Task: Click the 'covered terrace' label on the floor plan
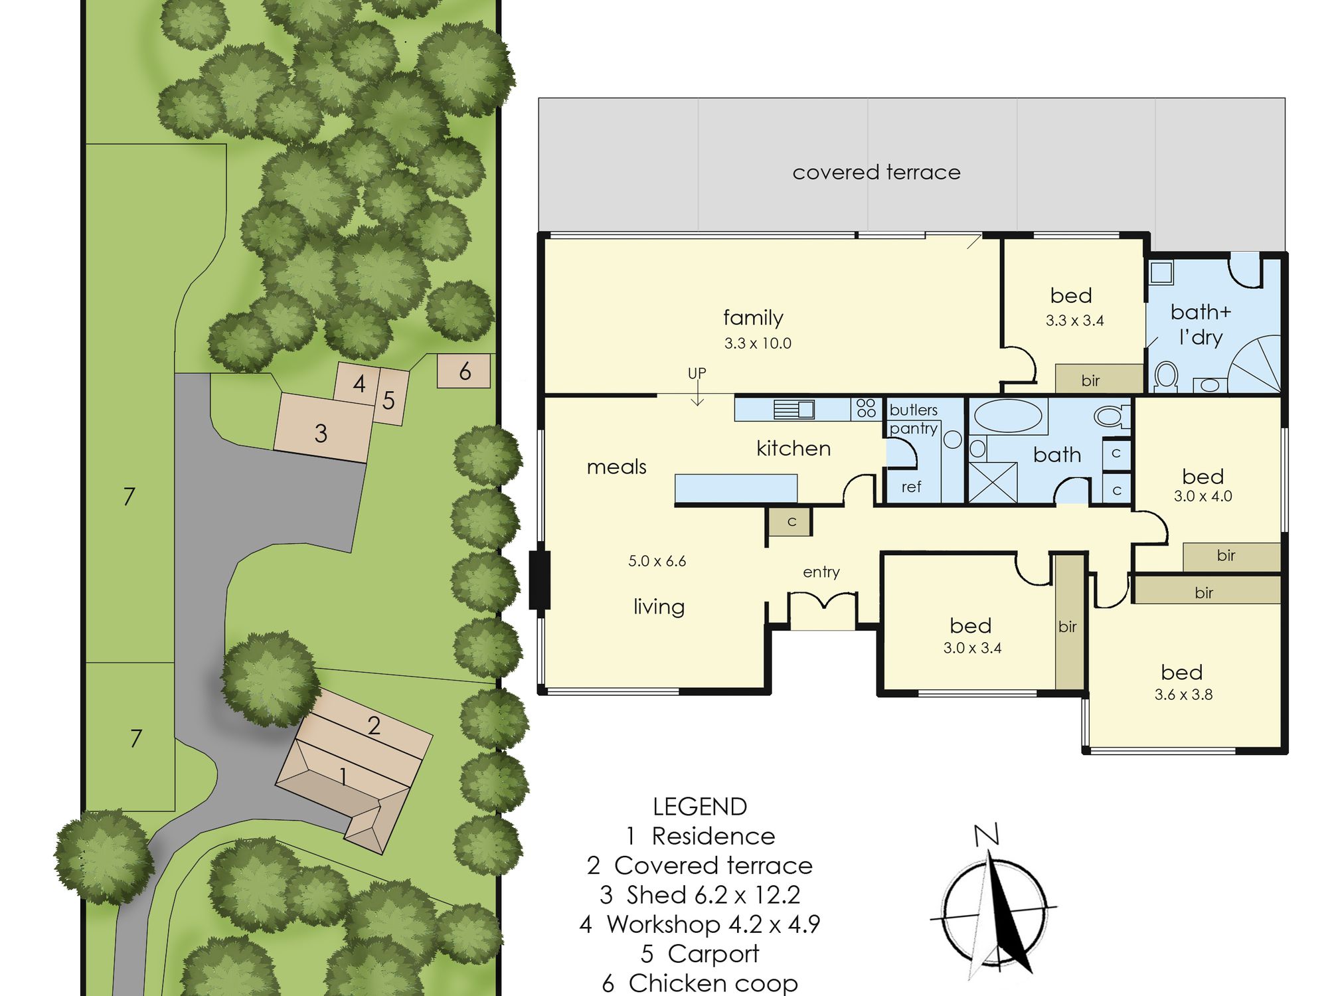(x=876, y=173)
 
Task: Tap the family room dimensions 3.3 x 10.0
(x=758, y=343)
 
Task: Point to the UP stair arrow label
(x=697, y=373)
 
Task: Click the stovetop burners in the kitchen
(x=866, y=408)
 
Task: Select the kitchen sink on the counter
(x=794, y=409)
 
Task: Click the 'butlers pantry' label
(x=914, y=419)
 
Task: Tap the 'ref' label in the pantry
(x=911, y=487)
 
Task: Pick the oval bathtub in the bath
(x=1007, y=416)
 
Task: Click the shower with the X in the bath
(x=993, y=482)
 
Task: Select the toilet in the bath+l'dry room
(x=1166, y=375)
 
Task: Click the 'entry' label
(x=821, y=572)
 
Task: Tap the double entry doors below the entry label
(x=822, y=601)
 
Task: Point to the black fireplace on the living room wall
(x=539, y=580)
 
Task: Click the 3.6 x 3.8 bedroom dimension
(x=1183, y=695)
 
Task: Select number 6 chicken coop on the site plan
(x=463, y=371)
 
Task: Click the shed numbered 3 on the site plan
(x=323, y=428)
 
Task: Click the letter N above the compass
(x=987, y=835)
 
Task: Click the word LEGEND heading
(x=700, y=807)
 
